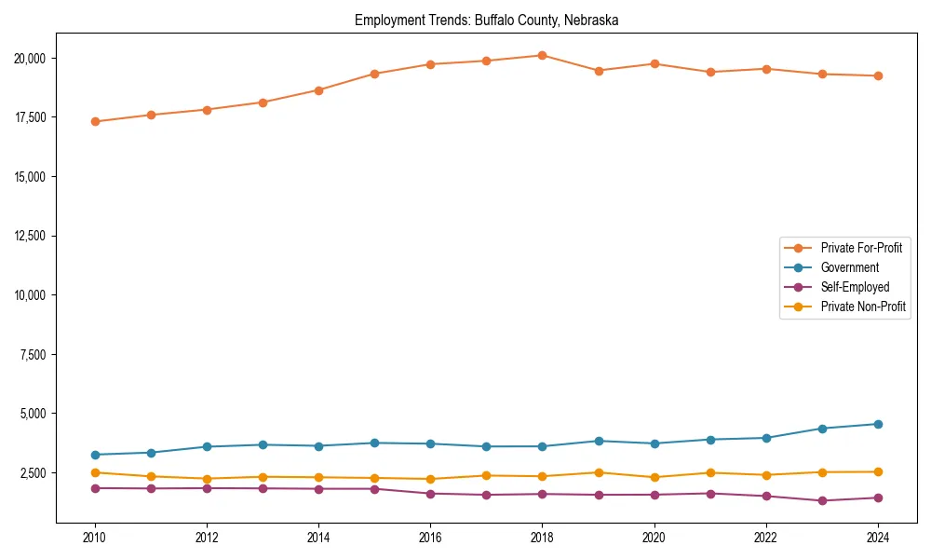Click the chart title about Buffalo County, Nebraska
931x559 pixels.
[486, 20]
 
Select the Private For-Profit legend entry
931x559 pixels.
[860, 248]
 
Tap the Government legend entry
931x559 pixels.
[849, 267]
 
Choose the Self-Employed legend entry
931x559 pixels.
[855, 287]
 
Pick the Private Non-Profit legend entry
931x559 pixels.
[863, 307]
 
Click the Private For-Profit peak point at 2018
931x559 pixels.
[542, 55]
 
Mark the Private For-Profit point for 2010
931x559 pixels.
[95, 121]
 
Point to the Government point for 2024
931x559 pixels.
[877, 424]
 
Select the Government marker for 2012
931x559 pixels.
[207, 446]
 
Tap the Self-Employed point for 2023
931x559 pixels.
[821, 500]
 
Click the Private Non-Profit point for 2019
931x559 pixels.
[598, 472]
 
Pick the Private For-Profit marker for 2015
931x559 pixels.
[374, 74]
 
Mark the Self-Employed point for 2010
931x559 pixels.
[95, 488]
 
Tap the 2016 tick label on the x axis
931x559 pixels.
[430, 538]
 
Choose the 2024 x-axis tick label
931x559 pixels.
[877, 538]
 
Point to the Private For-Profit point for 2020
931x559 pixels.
[654, 63]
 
